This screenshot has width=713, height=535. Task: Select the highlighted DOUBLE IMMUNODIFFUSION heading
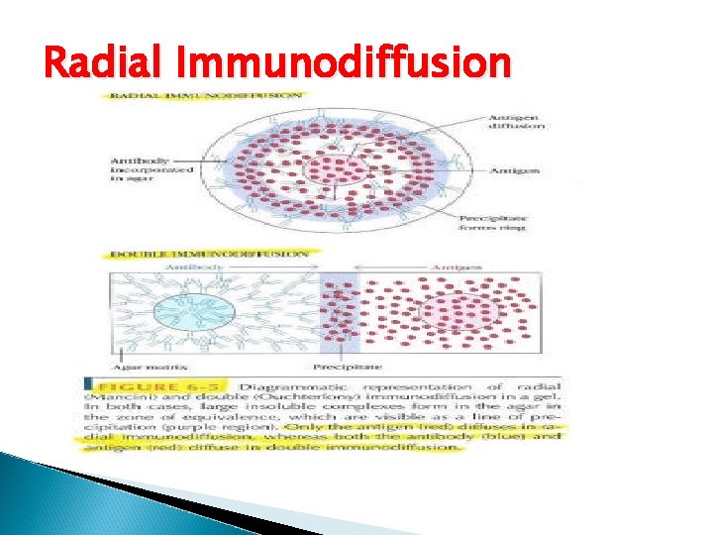click(x=207, y=254)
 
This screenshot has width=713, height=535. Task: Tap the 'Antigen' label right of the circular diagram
click(x=514, y=170)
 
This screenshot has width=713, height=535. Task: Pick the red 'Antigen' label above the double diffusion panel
click(x=456, y=267)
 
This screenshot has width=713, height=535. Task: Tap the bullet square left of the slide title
click(x=28, y=65)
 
